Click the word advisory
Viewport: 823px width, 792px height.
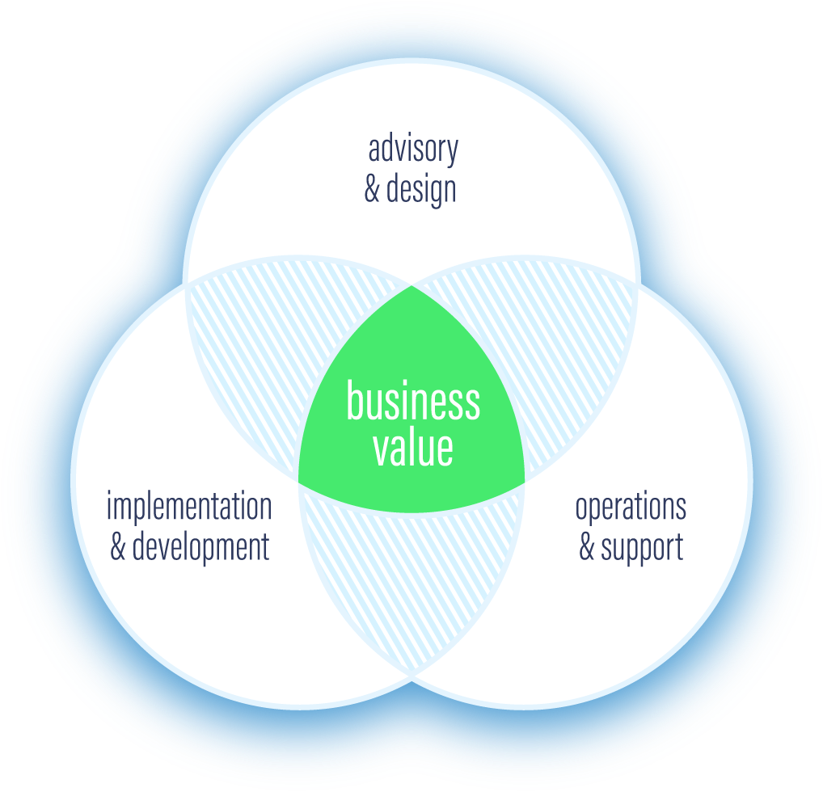(x=413, y=150)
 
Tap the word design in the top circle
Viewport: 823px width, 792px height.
(x=421, y=189)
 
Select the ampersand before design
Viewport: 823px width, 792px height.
(x=372, y=190)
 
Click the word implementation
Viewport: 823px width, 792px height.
(x=189, y=508)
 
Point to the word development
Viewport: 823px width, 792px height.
(x=200, y=547)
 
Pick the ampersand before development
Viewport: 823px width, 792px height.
(x=118, y=547)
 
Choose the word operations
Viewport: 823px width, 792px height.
(x=631, y=508)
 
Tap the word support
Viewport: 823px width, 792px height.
(x=642, y=548)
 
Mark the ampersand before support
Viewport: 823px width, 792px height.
(x=587, y=547)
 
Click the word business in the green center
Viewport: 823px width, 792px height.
(x=413, y=402)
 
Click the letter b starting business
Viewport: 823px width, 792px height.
(x=353, y=400)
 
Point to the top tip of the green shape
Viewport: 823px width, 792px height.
(x=411, y=287)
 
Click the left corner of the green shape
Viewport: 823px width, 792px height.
(x=300, y=482)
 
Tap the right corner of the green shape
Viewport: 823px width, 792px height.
(x=524, y=482)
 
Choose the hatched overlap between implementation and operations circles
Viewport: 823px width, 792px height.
(x=411, y=582)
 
